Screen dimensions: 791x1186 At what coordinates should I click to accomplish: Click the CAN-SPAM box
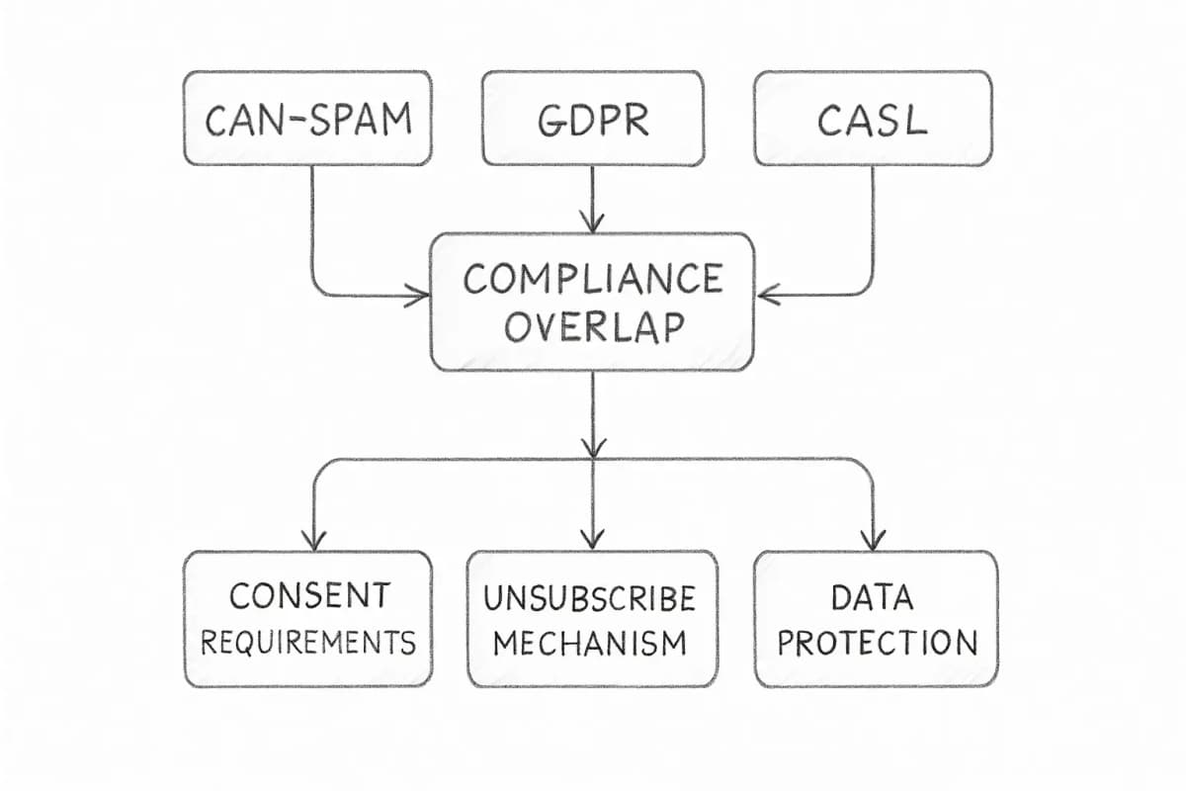click(307, 118)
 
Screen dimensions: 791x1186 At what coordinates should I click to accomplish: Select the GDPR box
click(592, 118)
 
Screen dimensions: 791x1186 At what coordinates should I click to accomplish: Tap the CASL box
click(873, 118)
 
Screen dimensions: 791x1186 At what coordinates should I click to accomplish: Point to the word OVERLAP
click(592, 327)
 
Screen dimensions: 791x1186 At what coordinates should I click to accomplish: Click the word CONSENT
click(308, 596)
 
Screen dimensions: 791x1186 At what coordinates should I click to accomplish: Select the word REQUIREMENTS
click(308, 643)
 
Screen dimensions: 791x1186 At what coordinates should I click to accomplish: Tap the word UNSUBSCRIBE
click(591, 598)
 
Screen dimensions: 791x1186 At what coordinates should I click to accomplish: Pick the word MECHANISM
click(591, 644)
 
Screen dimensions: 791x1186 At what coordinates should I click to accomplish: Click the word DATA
click(876, 597)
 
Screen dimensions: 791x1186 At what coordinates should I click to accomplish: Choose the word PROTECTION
click(876, 643)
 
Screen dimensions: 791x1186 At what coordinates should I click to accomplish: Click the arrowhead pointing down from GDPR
click(592, 221)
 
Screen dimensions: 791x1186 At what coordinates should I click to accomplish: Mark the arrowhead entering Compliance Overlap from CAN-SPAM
click(419, 295)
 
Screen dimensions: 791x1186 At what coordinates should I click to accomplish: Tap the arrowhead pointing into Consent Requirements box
click(314, 539)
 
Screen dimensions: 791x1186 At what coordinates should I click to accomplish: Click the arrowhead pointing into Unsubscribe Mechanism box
click(592, 539)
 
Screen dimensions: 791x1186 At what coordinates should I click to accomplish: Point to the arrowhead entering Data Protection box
click(872, 539)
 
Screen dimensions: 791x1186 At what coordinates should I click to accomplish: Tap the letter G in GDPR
click(551, 120)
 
